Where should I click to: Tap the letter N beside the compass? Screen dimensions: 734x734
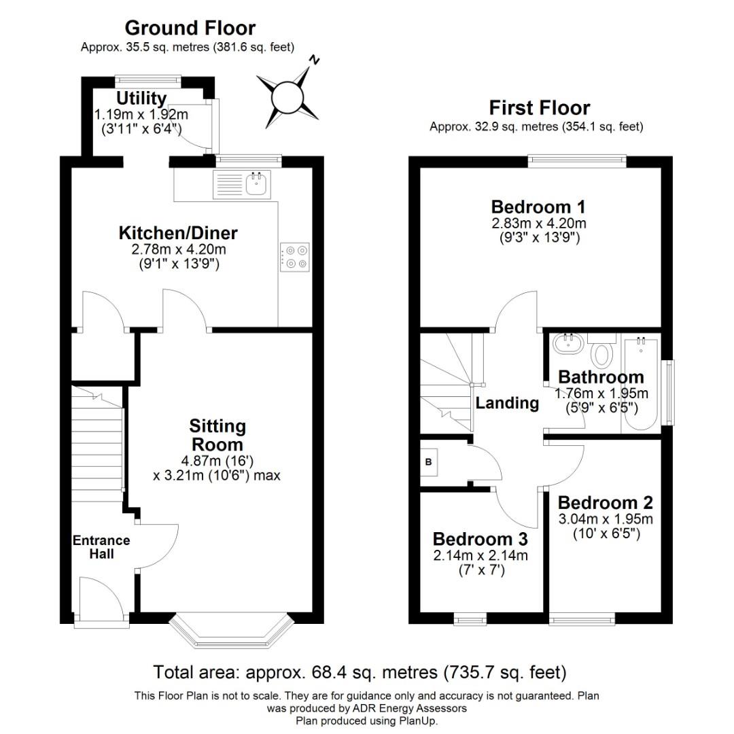pos(314,60)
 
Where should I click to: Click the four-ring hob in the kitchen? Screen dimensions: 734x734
pos(294,257)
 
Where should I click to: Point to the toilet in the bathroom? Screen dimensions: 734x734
pos(601,352)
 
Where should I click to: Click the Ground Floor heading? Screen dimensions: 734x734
pos(190,28)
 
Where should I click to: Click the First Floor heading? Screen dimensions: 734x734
pos(539,108)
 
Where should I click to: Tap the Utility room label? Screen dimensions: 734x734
pos(141,99)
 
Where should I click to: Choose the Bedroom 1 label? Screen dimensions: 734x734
pos(538,207)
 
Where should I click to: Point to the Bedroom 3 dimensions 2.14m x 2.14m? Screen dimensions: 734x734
pos(480,555)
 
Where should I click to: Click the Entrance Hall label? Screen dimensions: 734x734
pos(101,547)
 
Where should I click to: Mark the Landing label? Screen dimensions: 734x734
pos(507,403)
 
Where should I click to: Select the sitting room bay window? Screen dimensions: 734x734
pos(231,630)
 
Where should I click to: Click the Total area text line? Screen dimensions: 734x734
pos(360,673)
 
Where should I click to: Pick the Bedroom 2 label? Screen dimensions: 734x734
pos(605,503)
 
